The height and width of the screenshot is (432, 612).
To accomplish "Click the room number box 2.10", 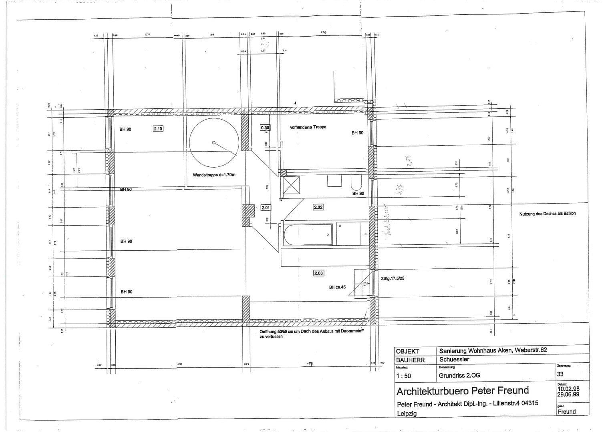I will [158, 129].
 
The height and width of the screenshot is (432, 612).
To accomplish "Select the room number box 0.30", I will [265, 128].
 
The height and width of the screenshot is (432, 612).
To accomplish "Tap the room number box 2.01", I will [266, 208].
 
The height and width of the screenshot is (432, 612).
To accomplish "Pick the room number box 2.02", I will [318, 207].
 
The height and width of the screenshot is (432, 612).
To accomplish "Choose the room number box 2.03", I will [318, 273].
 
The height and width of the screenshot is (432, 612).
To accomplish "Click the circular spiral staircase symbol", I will [214, 143].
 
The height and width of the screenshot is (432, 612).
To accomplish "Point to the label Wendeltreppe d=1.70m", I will [214, 175].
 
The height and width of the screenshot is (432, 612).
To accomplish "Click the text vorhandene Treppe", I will [308, 127].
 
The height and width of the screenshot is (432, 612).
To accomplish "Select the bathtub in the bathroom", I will [308, 234].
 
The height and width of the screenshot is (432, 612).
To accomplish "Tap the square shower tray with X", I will [290, 185].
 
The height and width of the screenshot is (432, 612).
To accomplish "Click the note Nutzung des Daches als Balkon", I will [547, 214].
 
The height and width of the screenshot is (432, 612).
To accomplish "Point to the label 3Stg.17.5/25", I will [393, 278].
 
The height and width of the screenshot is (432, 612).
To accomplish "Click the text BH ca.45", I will [337, 287].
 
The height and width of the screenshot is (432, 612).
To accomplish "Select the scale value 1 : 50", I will [403, 376].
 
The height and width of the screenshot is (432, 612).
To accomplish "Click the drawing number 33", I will [560, 374].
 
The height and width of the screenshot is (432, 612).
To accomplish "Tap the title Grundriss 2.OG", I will [459, 375].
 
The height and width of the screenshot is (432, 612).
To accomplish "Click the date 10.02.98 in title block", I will [568, 388].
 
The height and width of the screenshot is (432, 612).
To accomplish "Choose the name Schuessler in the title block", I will [454, 359].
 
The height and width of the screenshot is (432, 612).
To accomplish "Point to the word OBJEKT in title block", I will [407, 351].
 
